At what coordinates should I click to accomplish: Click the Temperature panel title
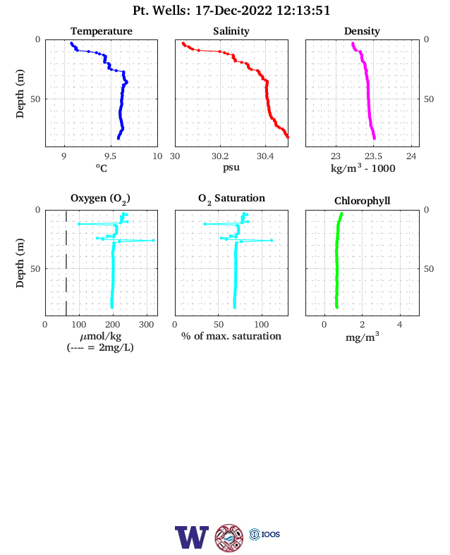tap(102, 31)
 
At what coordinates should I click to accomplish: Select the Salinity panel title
tap(231, 31)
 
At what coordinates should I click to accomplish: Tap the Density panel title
tap(362, 31)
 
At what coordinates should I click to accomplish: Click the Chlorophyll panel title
tap(362, 201)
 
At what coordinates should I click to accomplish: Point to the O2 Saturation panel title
tap(231, 199)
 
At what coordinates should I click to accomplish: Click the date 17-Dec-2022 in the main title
tap(234, 11)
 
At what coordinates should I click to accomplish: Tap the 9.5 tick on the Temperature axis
tap(110, 156)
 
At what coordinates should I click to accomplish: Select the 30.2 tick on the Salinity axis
tap(220, 156)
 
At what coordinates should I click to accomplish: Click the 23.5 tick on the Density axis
tap(373, 156)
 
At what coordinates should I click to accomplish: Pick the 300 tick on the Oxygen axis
tap(146, 325)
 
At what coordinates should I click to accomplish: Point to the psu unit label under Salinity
tap(231, 167)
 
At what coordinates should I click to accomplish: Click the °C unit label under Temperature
tap(102, 168)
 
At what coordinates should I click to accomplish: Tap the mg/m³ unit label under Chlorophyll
tap(362, 337)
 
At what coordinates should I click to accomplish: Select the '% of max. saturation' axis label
tap(231, 336)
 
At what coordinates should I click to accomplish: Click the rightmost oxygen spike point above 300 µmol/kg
tap(153, 240)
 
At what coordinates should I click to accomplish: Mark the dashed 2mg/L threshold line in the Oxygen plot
tap(66, 263)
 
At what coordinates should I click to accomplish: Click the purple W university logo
tap(192, 537)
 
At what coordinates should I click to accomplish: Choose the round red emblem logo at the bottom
tap(229, 537)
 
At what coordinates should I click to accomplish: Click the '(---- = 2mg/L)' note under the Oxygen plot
tap(100, 347)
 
